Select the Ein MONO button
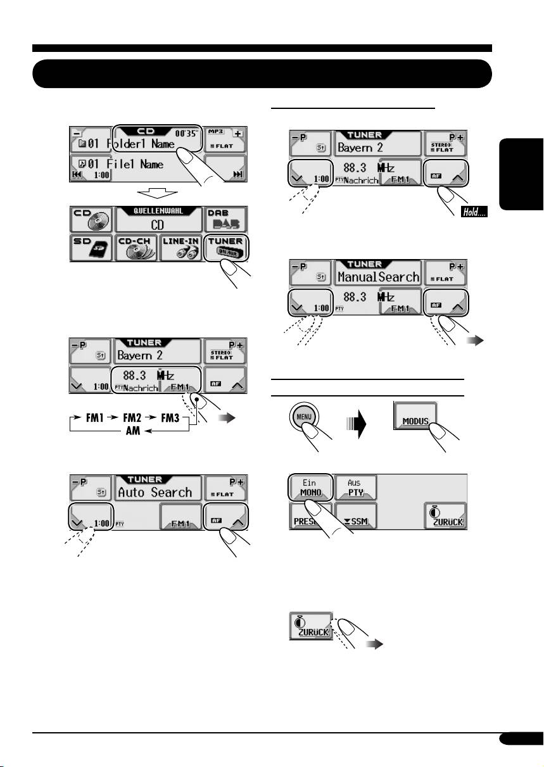pos(312,488)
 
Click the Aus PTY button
pos(356,488)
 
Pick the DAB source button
pos(225,220)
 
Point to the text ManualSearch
pos(379,277)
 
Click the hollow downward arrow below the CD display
pos(157,193)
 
